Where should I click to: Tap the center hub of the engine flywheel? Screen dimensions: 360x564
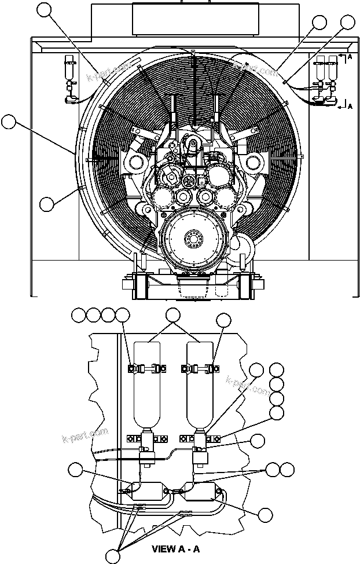coord(192,239)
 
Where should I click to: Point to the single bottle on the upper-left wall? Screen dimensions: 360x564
coord(70,69)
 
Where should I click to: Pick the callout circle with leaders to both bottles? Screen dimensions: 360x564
coord(172,315)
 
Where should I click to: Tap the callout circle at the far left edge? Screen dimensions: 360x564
coord(8,122)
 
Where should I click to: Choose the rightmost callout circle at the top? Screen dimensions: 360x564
coord(347,22)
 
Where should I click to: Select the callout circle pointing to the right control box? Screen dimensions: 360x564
coord(265,515)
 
